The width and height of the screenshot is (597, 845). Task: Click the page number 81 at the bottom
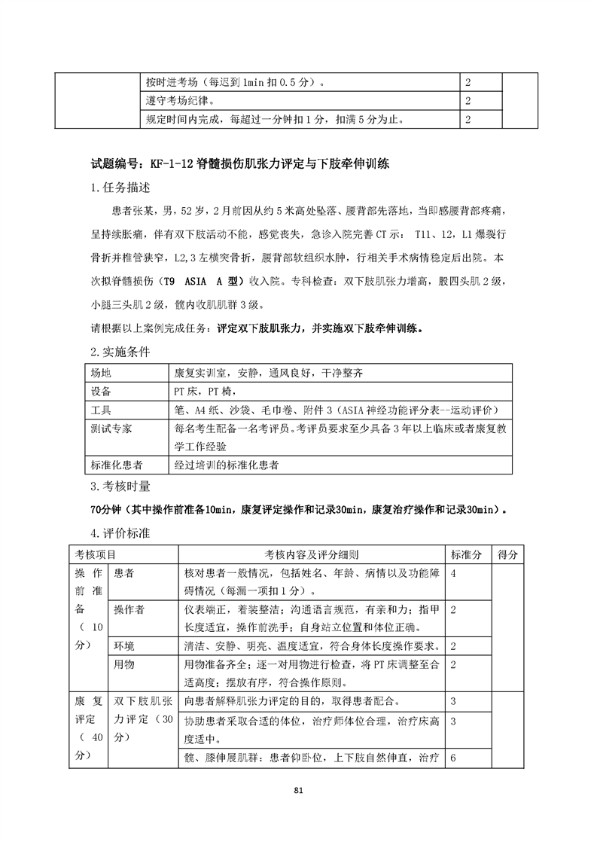[298, 790]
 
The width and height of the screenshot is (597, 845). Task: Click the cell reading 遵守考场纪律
[179, 100]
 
